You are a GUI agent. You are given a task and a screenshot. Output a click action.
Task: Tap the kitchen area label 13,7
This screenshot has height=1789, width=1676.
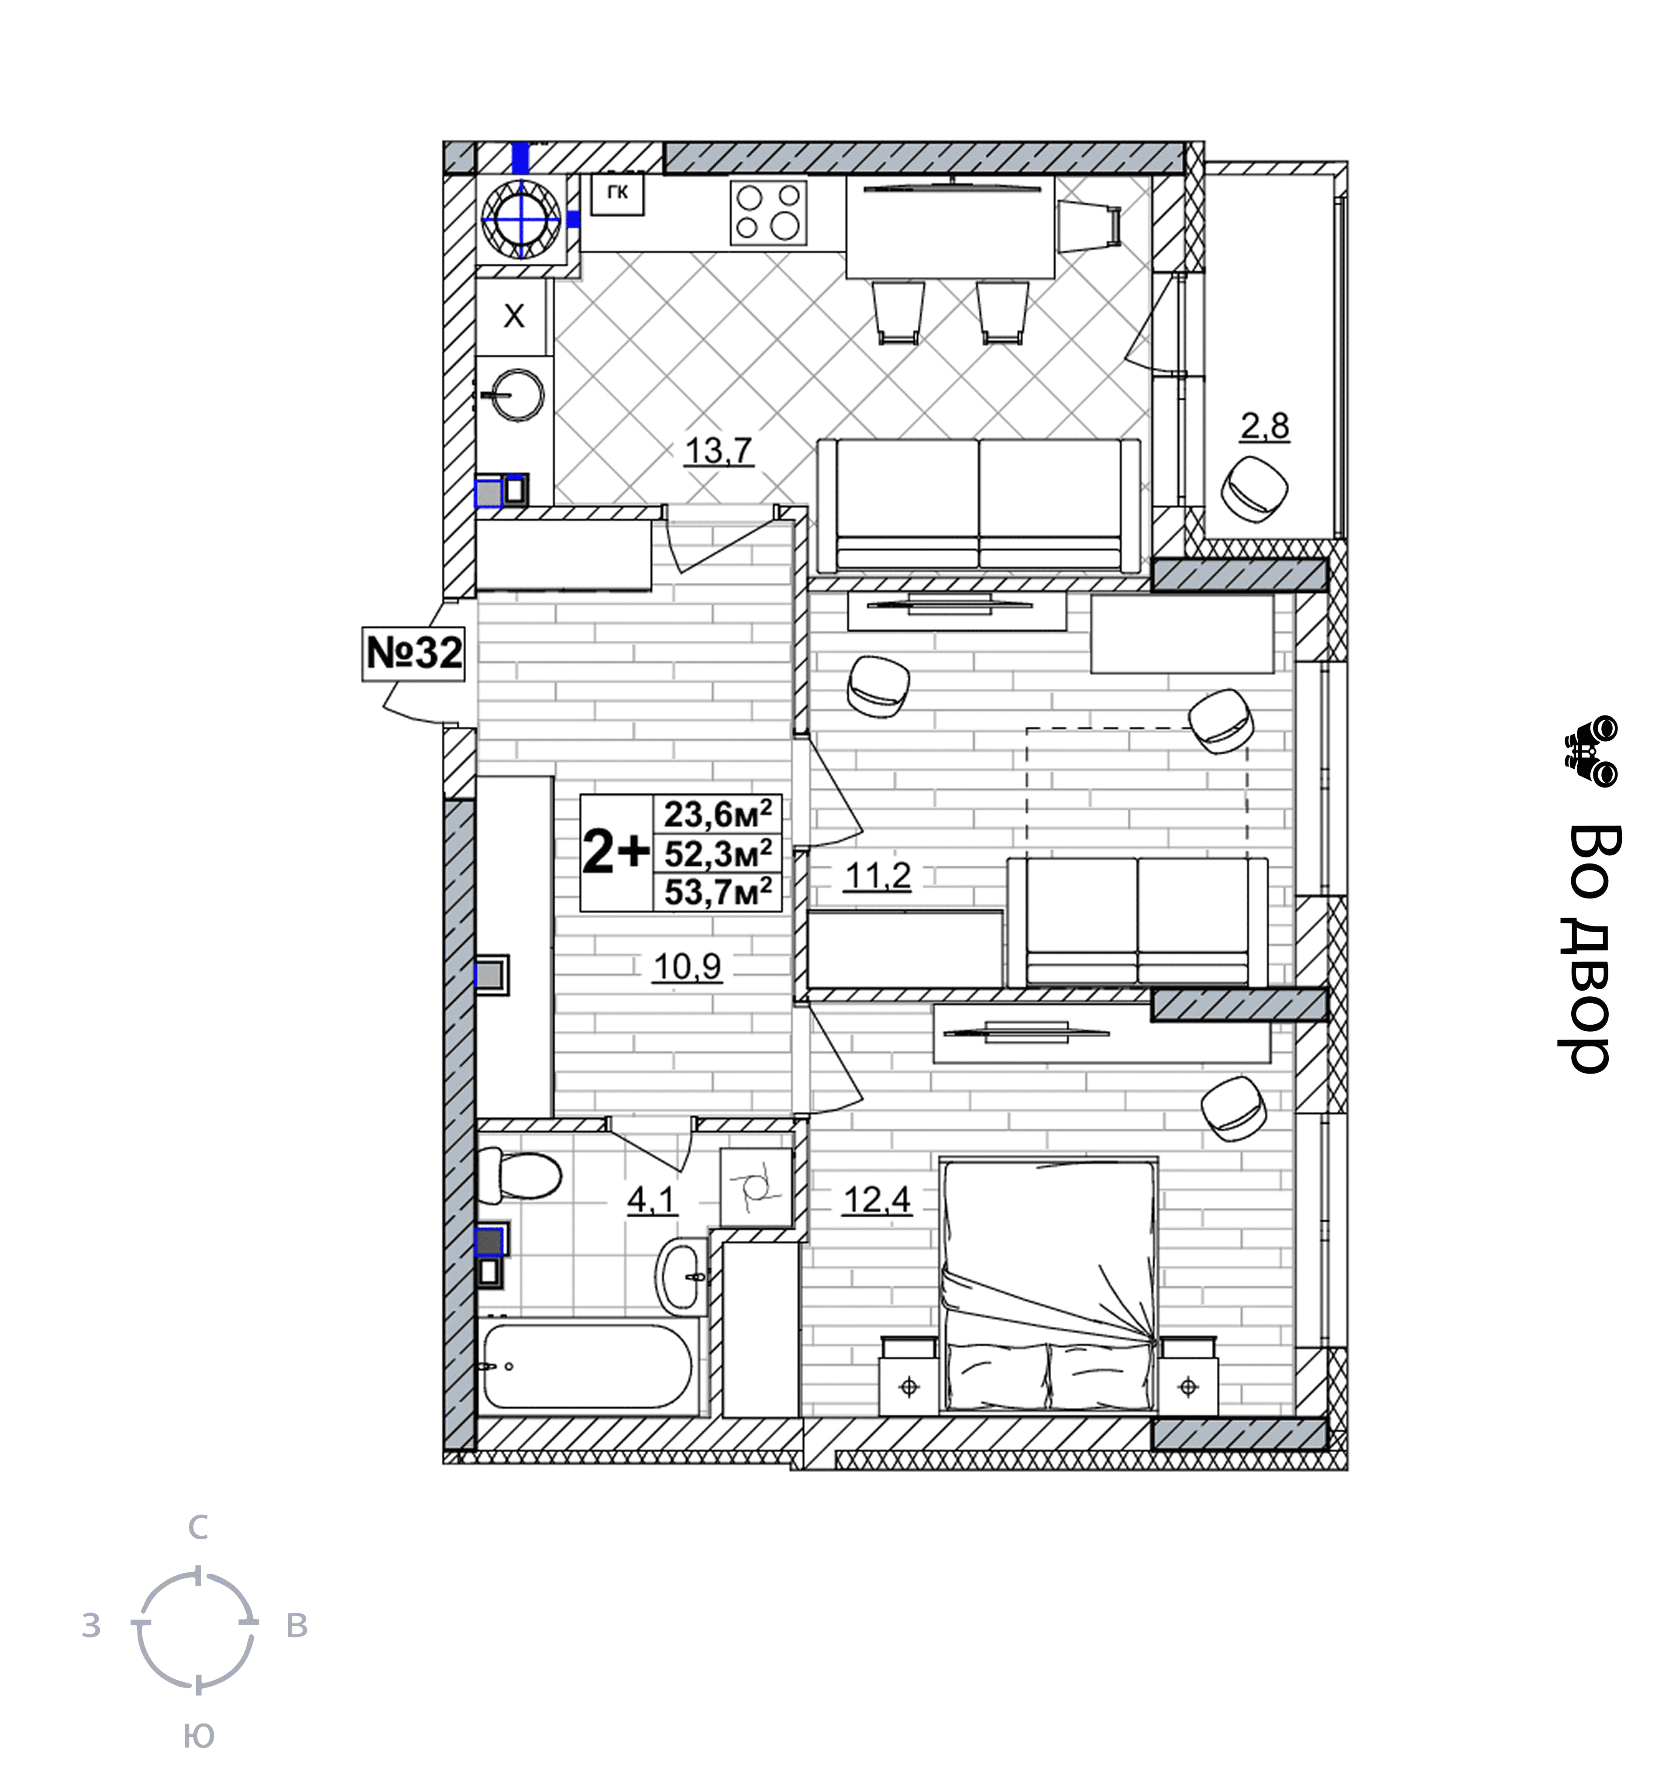click(718, 450)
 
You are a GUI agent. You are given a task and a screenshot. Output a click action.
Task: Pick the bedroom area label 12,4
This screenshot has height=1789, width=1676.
click(877, 1199)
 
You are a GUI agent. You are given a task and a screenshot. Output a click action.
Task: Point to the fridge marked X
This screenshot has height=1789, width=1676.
click(513, 316)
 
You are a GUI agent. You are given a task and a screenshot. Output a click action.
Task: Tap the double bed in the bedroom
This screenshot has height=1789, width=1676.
click(1048, 1287)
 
